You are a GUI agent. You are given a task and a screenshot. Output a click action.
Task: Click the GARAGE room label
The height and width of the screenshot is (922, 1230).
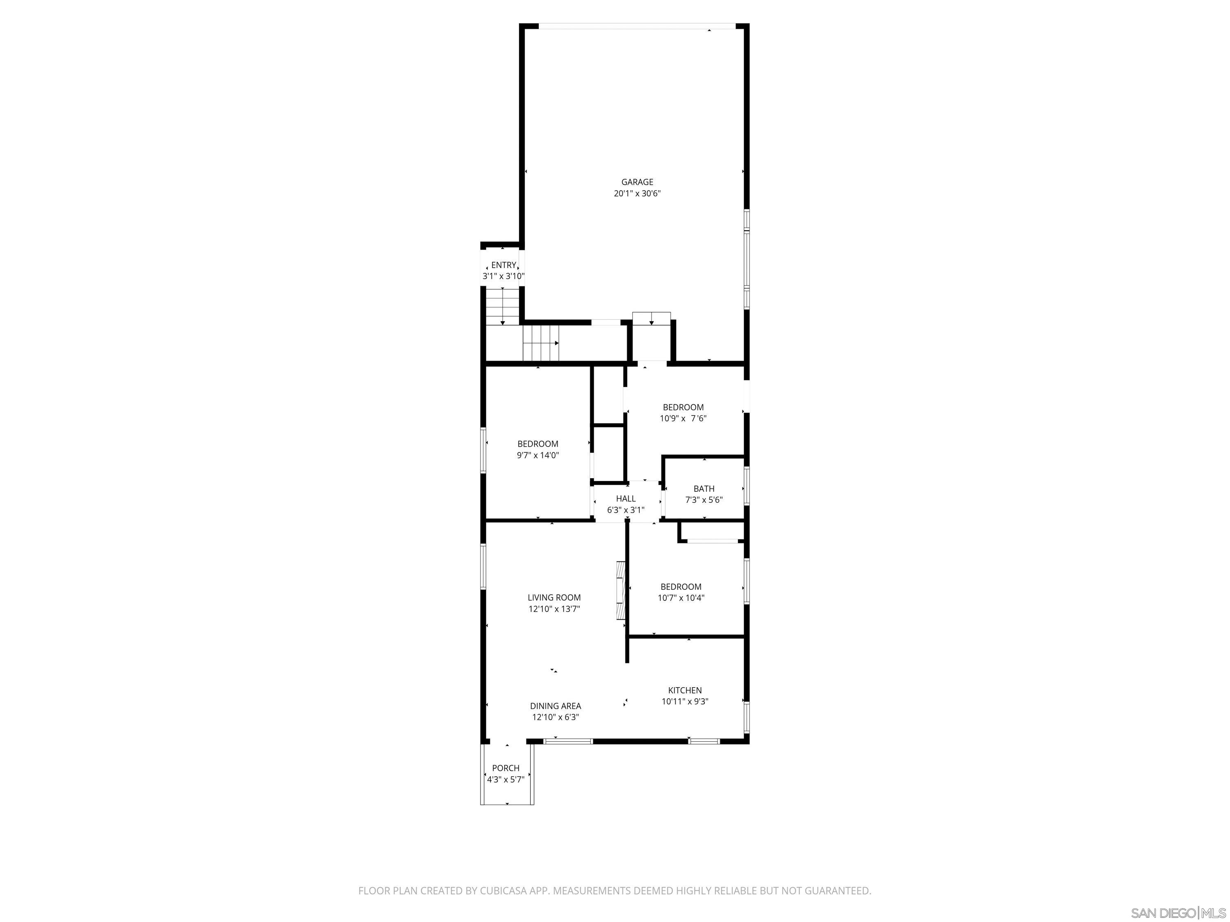tap(637, 182)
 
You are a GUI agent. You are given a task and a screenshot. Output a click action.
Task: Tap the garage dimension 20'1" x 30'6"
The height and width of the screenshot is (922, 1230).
tap(637, 194)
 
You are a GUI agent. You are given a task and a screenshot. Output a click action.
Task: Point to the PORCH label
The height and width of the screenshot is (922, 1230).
tap(506, 768)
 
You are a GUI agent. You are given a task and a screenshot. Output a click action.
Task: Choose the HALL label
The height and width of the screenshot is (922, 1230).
tap(626, 499)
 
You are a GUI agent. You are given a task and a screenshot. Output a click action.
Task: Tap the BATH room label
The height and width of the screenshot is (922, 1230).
tap(704, 488)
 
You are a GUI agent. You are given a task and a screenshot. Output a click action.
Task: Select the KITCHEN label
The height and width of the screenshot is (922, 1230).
tap(685, 690)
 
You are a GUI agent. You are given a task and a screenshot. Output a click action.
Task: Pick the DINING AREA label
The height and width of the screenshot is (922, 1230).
tap(556, 706)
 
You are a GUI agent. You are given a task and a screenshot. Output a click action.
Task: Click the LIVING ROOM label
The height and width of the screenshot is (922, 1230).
tap(554, 597)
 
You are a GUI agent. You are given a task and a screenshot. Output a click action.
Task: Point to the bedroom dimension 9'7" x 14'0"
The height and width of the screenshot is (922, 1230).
tap(538, 456)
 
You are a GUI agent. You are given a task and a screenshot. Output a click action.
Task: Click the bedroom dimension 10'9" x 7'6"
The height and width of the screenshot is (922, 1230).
tap(683, 418)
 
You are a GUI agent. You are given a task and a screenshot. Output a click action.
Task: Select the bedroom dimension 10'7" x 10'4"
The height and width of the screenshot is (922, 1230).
tap(681, 598)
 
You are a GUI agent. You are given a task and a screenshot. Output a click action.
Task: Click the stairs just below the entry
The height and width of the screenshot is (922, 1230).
tap(503, 306)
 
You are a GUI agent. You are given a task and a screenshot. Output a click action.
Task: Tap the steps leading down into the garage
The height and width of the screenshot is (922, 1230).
tap(651, 318)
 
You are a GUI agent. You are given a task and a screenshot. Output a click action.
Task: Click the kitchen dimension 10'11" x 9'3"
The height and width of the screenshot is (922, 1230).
tap(685, 702)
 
